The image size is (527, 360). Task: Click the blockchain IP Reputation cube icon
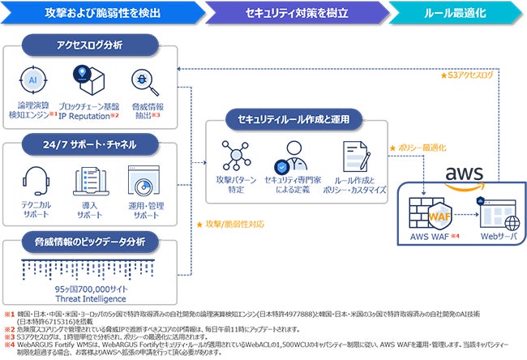(x=88, y=82)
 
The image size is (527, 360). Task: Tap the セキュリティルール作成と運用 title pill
(x=294, y=119)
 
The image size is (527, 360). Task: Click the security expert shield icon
(x=294, y=156)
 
